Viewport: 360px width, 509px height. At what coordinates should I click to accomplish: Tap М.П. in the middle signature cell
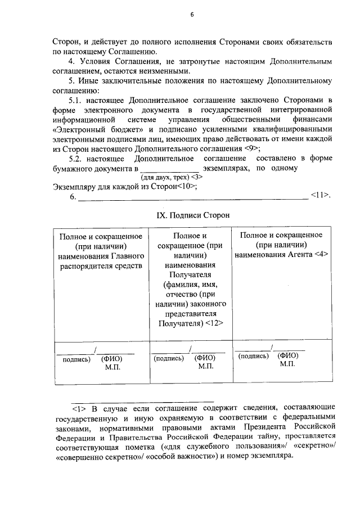click(x=206, y=366)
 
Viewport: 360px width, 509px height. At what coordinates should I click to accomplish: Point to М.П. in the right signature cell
click(x=287, y=364)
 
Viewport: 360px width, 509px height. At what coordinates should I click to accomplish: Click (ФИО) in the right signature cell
click(x=287, y=355)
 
